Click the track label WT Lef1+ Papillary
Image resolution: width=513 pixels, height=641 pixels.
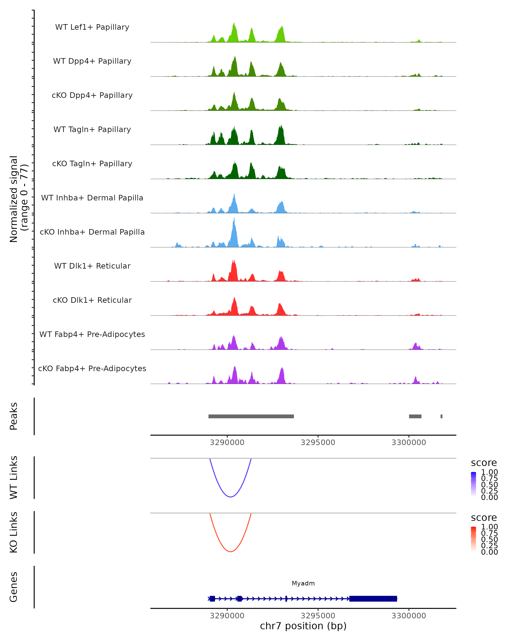(92, 27)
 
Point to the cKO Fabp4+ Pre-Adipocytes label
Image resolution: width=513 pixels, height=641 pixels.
(92, 368)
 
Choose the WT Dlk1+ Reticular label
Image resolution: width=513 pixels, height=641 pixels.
(92, 266)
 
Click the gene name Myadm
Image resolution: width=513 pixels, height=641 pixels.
(303, 583)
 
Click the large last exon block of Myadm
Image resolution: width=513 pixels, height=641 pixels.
(373, 598)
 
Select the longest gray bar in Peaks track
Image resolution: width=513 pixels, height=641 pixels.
(251, 416)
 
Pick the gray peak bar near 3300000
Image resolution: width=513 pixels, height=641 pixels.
(415, 416)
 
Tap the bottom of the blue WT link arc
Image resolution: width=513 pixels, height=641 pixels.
(230, 497)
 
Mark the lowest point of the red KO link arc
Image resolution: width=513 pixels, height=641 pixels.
(230, 551)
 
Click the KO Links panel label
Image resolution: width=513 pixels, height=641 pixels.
(14, 532)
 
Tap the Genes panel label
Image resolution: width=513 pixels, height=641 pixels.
(14, 587)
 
